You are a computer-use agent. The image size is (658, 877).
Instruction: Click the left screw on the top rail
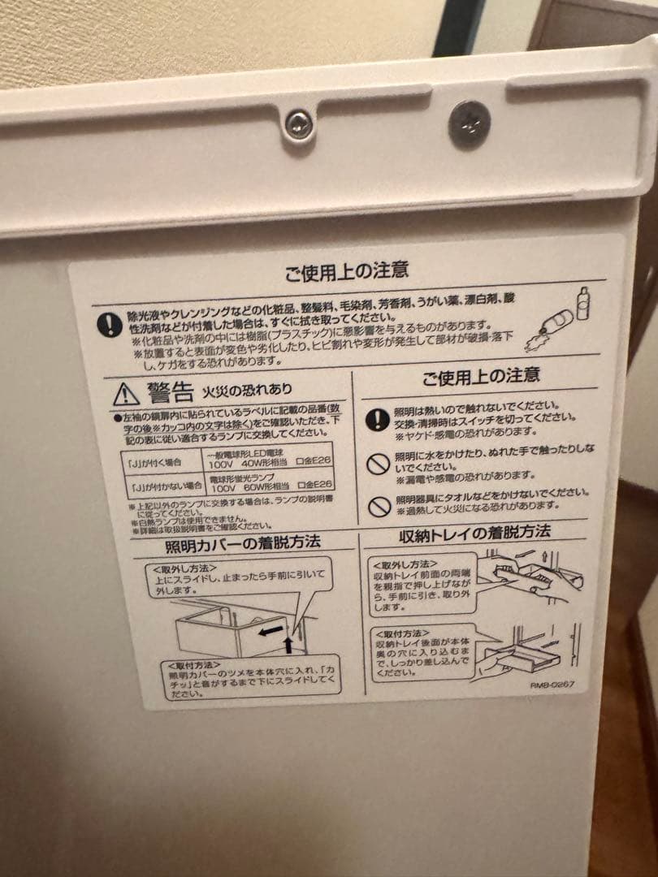click(299, 123)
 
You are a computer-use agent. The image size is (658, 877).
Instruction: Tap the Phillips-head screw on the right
click(470, 124)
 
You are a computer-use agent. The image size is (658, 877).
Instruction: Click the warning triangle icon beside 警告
click(126, 395)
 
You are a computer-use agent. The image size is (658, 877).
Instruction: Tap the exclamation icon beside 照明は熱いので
click(377, 419)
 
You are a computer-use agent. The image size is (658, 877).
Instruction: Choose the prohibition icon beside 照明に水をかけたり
click(377, 464)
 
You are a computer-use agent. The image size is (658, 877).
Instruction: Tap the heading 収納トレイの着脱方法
click(474, 534)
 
